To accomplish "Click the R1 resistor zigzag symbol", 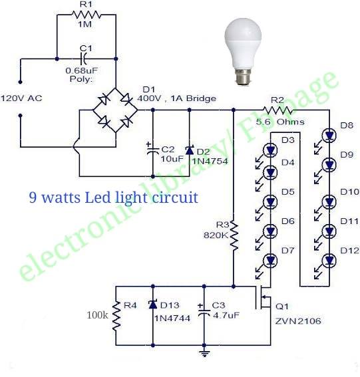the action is (87, 15).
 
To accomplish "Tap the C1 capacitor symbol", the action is (84, 59).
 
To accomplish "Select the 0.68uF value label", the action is (82, 70).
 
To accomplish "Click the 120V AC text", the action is (21, 98).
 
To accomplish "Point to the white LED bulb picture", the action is (243, 51).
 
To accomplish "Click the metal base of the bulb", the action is (243, 76).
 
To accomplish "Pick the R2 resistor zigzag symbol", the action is (277, 110).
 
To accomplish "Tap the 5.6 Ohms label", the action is (280, 122).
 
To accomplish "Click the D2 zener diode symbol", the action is (190, 150).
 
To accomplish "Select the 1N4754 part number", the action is (210, 161).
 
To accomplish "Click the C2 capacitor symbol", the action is (152, 150).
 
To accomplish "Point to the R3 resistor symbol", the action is (234, 235).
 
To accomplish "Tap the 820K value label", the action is (216, 235).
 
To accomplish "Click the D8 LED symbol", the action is (329, 136).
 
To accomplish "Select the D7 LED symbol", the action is (270, 261).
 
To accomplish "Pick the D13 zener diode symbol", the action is (153, 305).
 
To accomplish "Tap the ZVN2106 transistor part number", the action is (298, 321).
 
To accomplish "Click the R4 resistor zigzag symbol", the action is (116, 316).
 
